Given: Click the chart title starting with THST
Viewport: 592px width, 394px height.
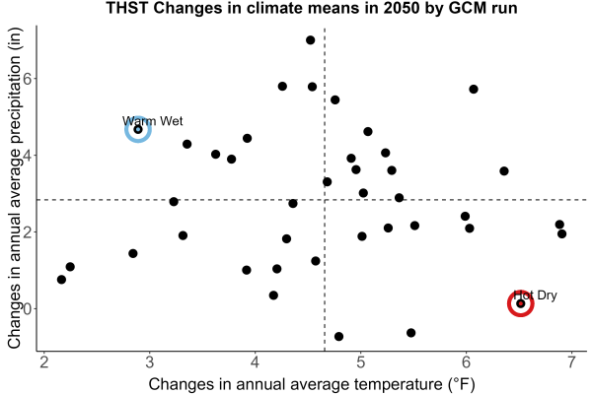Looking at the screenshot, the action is (312, 8).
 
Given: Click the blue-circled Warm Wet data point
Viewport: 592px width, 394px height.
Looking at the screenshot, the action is (138, 129).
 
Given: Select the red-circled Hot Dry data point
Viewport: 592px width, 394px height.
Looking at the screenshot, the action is (521, 303).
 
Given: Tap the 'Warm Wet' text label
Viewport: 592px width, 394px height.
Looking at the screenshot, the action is (153, 121).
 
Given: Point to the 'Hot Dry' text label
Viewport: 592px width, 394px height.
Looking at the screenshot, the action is (536, 295).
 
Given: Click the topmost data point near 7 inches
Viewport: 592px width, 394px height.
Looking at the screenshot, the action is (311, 40).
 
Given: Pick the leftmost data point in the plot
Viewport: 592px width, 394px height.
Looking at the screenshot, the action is (61, 280).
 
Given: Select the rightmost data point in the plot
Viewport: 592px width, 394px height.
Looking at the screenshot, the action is (561, 234).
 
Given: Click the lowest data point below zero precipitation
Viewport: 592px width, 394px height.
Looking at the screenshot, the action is (338, 337).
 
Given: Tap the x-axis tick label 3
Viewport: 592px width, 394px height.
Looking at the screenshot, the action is (150, 362).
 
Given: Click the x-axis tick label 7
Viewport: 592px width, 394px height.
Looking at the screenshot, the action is (571, 362).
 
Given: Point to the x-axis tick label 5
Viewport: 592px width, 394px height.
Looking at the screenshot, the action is (360, 362).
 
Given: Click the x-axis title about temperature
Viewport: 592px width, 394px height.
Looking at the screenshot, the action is (312, 384).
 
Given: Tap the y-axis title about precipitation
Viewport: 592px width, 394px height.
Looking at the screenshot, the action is (14, 188).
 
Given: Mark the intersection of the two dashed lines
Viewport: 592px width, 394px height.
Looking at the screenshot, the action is (325, 200).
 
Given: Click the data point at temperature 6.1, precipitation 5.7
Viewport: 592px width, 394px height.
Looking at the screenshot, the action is (474, 90).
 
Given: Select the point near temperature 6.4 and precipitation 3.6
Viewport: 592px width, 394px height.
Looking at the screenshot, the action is (504, 171).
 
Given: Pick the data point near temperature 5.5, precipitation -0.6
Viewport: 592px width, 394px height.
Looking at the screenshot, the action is (411, 333).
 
